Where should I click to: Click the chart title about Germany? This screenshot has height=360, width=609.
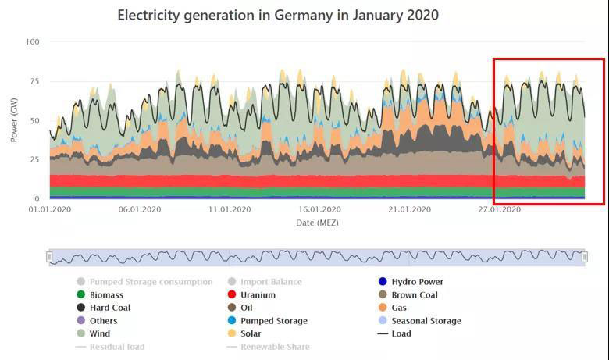pos(278,15)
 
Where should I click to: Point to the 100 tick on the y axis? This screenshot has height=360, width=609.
pos(32,41)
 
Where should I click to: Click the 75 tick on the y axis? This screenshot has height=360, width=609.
pos(34,81)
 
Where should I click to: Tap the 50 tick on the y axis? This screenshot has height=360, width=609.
pos(34,121)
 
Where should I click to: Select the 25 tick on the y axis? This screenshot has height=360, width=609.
pos(34,160)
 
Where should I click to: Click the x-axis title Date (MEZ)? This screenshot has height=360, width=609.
pos(317,223)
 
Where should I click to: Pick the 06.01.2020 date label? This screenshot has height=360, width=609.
pos(140,209)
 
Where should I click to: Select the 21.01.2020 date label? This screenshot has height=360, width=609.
pos(409,209)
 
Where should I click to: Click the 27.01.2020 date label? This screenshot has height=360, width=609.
pos(499,209)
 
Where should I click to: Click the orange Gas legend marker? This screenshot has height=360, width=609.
pos(383,308)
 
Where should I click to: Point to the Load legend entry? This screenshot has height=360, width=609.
pos(401,333)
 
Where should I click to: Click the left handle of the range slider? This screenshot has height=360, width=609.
pos(49,257)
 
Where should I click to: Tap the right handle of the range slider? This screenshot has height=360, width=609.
pos(585,257)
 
